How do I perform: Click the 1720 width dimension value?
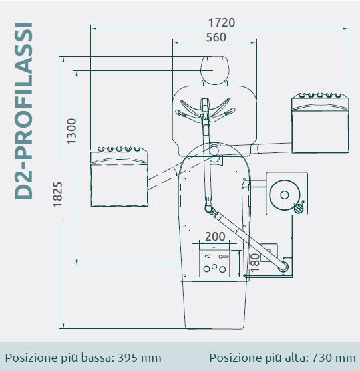[222, 23]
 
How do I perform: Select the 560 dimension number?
[216, 37]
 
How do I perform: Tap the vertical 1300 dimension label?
[71, 132]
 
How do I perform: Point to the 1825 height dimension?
[57, 195]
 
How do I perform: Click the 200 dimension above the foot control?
[215, 237]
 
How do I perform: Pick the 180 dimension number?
[255, 263]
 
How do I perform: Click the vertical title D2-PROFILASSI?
[23, 111]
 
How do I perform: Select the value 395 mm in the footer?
[140, 358]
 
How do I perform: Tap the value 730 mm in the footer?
[334, 358]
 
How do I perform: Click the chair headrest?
[214, 70]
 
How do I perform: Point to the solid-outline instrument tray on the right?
[321, 123]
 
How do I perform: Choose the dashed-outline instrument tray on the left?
[120, 177]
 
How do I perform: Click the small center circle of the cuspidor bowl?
[285, 195]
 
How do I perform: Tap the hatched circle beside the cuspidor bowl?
[298, 209]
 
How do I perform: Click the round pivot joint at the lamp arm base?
[283, 267]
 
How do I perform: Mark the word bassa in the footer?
[96, 358]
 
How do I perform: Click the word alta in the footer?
[297, 358]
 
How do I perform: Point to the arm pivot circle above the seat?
[214, 150]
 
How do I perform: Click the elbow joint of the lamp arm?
[208, 209]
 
